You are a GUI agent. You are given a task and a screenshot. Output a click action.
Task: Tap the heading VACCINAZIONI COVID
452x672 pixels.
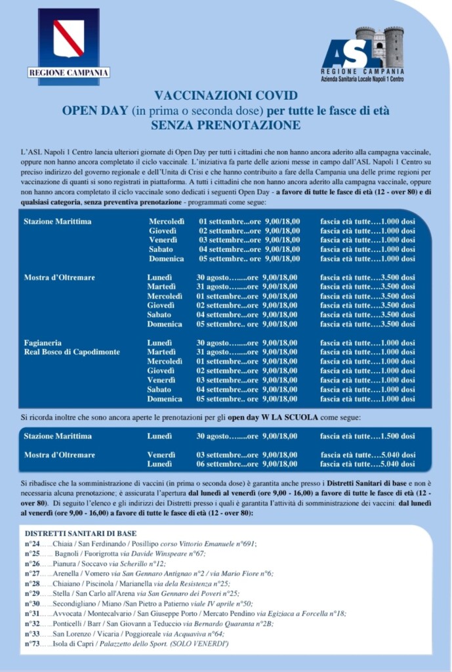[x=226, y=95]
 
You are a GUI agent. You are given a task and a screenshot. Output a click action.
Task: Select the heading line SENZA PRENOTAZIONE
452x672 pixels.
[x=226, y=125]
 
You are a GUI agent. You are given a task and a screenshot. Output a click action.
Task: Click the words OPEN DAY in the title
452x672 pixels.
[x=95, y=110]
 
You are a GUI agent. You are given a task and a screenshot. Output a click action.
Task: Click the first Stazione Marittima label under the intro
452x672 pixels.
[x=58, y=222]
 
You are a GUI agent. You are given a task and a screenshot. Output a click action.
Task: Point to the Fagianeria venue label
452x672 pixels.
[x=43, y=343]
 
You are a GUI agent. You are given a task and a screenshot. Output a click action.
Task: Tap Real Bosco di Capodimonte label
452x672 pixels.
[x=72, y=352]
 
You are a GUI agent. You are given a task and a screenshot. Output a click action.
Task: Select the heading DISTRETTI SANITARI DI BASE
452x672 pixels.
[x=81, y=534]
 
